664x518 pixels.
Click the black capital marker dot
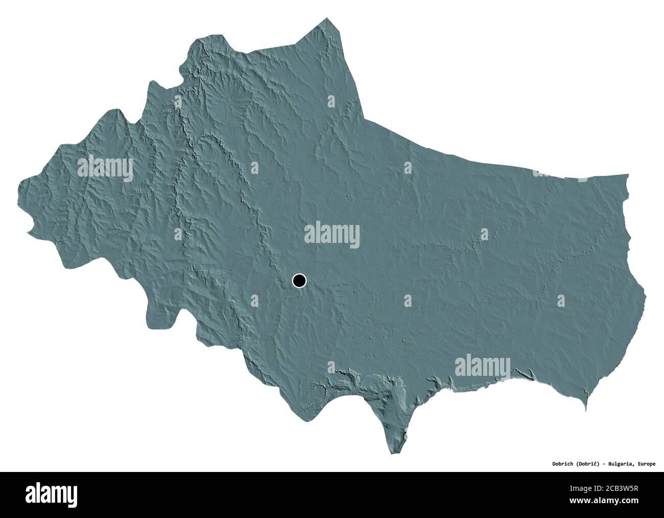coord(299,280)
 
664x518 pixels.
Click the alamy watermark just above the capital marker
coord(332,236)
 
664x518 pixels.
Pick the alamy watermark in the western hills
coord(105,168)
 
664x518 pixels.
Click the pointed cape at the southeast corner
coord(587,410)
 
